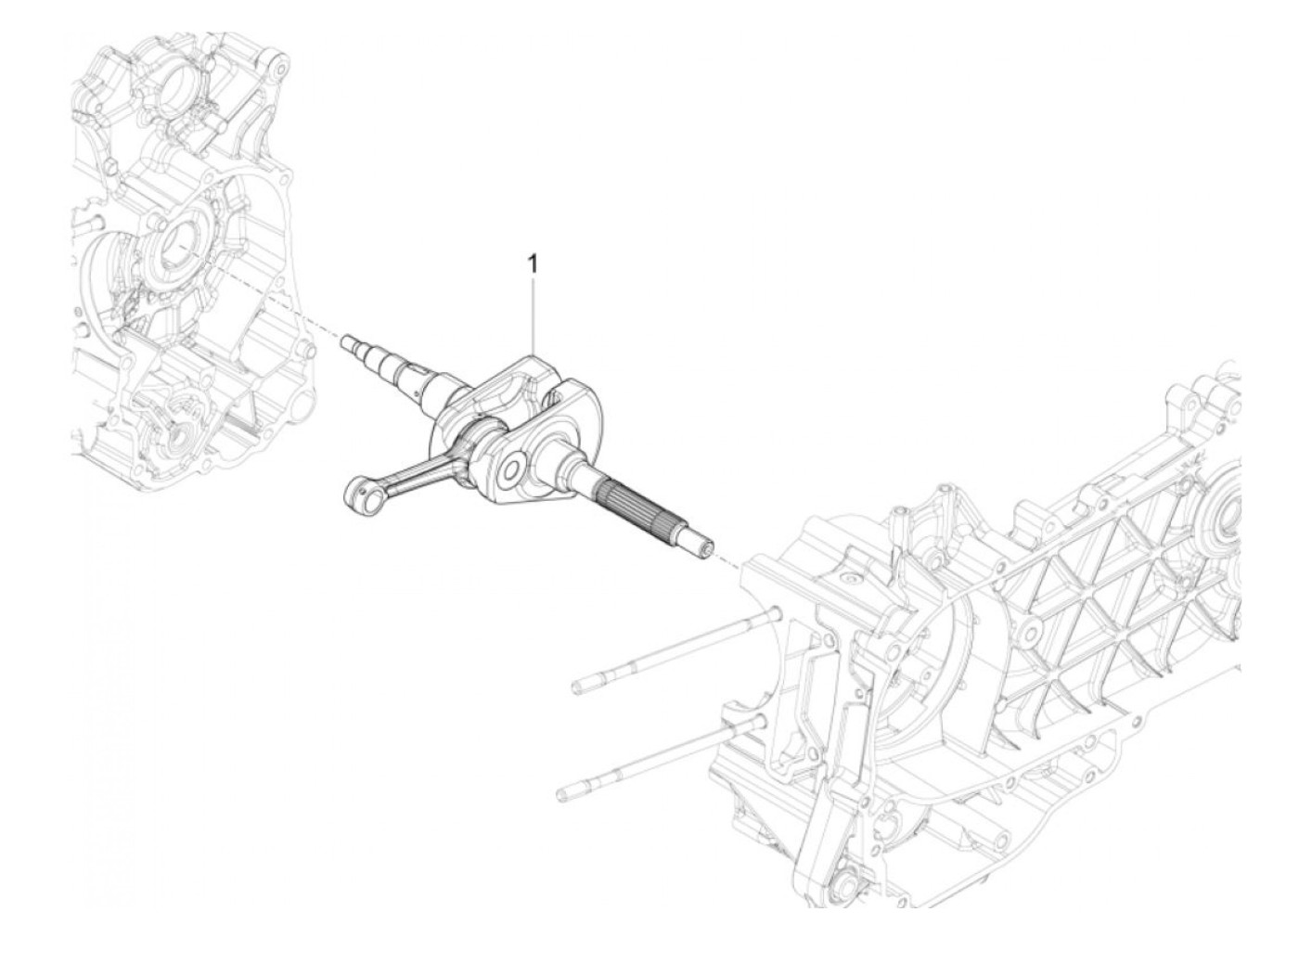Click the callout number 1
[x=532, y=265]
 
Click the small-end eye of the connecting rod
[x=357, y=492]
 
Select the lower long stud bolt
[x=649, y=762]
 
